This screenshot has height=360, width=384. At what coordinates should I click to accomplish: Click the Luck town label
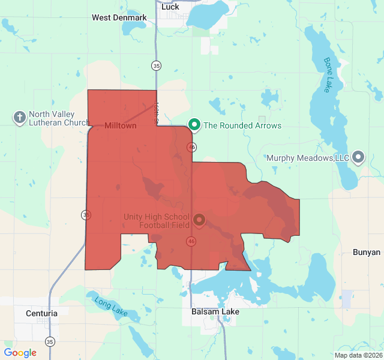click(x=170, y=7)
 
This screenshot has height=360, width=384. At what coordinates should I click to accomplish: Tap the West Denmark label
click(x=119, y=17)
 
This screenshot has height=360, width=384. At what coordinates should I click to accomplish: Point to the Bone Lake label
click(x=328, y=74)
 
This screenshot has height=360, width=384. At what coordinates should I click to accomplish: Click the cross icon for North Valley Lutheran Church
click(x=19, y=117)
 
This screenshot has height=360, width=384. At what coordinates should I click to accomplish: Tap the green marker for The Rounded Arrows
click(x=194, y=125)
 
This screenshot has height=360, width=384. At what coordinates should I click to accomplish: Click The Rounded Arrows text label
click(x=242, y=125)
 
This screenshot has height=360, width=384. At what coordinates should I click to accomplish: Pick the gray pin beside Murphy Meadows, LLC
click(x=358, y=158)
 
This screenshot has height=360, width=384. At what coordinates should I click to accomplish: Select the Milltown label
click(x=121, y=126)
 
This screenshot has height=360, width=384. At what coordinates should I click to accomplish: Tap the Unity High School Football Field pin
click(x=199, y=221)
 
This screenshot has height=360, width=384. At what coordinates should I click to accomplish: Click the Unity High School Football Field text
click(x=157, y=221)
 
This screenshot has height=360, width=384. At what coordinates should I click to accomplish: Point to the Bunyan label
click(x=367, y=252)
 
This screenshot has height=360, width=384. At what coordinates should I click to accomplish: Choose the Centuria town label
click(x=42, y=313)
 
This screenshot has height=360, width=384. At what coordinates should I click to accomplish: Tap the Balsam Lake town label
click(x=215, y=312)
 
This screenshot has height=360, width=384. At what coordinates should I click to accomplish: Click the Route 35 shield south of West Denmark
click(x=157, y=65)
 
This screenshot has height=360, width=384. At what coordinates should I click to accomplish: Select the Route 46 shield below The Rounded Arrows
click(x=192, y=147)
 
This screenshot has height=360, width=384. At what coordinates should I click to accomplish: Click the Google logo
click(x=20, y=353)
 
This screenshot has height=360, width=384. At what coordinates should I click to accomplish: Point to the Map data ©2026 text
click(x=358, y=355)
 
